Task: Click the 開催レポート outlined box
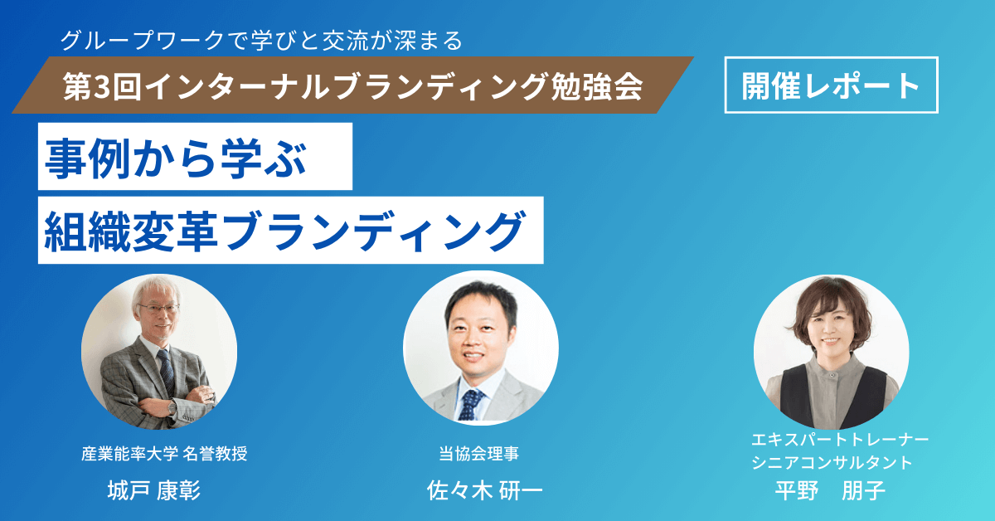831,85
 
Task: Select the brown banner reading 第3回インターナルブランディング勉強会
352,85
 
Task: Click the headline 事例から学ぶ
196,156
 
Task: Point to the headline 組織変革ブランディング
290,230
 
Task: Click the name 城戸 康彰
154,491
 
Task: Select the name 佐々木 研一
484,491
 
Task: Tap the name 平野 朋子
830,491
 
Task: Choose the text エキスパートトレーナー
840,440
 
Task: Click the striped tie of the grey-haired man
167,373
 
